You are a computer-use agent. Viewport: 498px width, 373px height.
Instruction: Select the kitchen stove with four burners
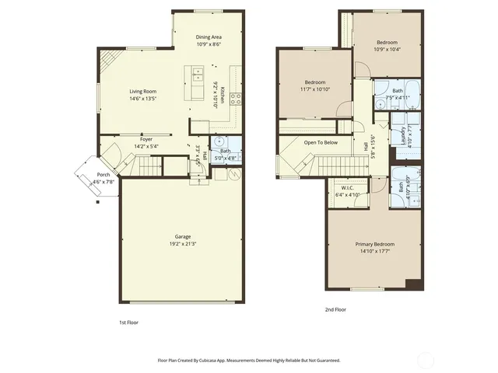(236, 98)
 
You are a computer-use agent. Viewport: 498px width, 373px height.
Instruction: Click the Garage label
(183, 236)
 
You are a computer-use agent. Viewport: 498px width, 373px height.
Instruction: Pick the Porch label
(103, 175)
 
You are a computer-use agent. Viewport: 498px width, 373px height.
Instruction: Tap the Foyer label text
(146, 140)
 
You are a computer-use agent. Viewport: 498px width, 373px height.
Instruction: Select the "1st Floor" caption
(128, 322)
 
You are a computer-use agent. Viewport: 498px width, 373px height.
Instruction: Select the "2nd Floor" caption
(335, 309)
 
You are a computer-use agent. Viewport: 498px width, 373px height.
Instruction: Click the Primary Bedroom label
(375, 244)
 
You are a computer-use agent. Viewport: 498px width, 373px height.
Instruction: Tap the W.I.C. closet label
(347, 188)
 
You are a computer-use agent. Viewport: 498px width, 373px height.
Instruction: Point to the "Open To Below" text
(321, 143)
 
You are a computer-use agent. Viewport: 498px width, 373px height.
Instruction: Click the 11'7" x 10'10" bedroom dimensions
(314, 89)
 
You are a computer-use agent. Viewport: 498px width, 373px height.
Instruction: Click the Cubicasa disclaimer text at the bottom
(249, 361)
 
